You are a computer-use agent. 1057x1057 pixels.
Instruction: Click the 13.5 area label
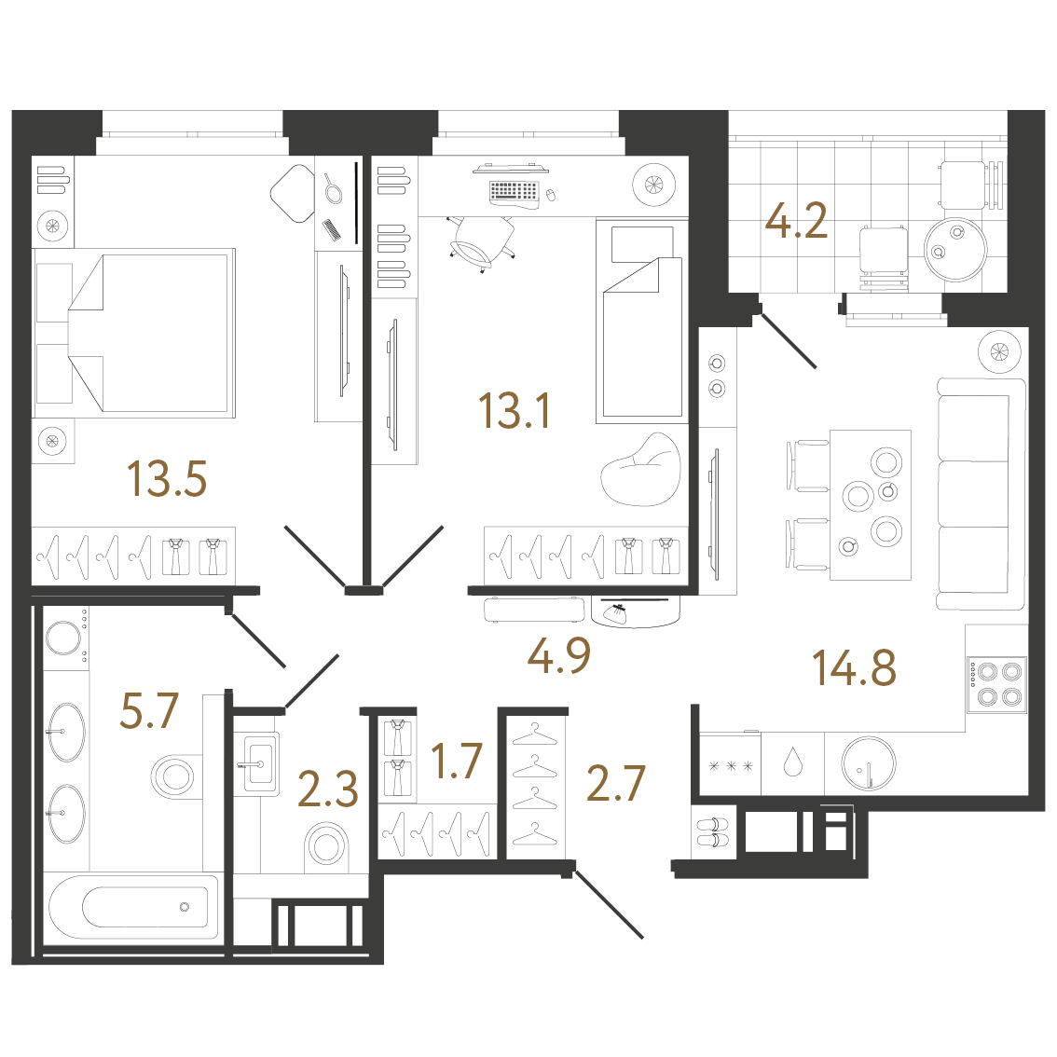coord(167,478)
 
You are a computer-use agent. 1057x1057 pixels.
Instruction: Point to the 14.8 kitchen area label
coord(854,667)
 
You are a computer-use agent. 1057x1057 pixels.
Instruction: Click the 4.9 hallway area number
coord(559,655)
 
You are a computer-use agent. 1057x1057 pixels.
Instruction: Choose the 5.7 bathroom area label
coord(149,711)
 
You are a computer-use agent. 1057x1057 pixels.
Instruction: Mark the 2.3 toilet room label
coord(327,789)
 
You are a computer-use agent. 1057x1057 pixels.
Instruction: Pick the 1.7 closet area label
coord(457,762)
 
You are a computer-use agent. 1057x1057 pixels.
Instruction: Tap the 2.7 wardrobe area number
coord(616,783)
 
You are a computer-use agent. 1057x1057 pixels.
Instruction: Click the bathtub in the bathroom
coord(133,907)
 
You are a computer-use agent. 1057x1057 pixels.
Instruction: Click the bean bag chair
coord(640,470)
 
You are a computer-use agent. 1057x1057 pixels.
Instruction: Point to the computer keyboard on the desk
coord(515,193)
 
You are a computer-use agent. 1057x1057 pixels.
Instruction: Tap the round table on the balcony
coord(955,250)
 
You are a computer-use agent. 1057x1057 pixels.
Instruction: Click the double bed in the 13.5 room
coord(134,333)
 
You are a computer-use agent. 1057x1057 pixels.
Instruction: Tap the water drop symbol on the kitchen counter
coord(792,762)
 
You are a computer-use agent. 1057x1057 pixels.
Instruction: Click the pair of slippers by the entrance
coord(713,831)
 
